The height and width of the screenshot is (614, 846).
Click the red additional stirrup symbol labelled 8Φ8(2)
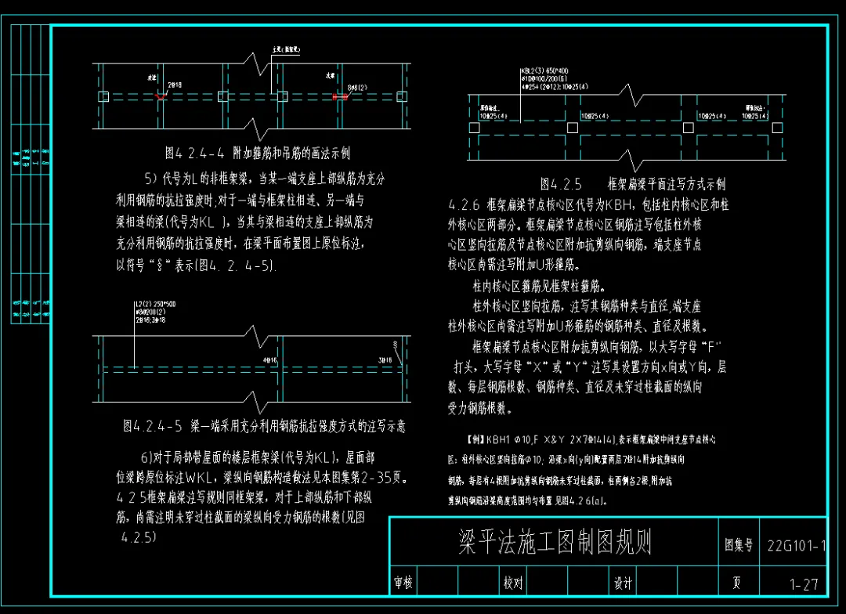[x=341, y=97]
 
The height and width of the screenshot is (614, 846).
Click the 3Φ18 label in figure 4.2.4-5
[x=385, y=360]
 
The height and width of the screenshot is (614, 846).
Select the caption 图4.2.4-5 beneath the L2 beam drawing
[x=263, y=426]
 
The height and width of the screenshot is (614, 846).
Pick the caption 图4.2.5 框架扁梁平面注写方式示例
[x=632, y=185]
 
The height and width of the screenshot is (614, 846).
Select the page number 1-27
[x=804, y=584]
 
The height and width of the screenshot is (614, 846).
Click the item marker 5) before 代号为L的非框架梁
[x=151, y=178]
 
